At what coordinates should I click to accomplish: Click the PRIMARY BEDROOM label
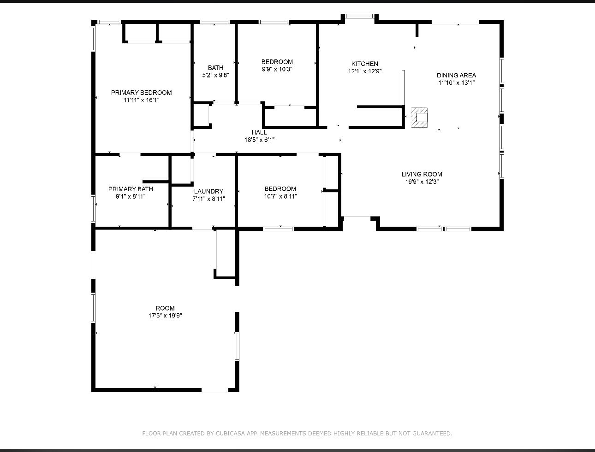[141, 93]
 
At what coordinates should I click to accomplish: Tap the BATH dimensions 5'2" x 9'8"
[215, 75]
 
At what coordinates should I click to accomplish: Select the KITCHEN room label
[364, 64]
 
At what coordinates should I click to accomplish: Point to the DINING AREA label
[456, 75]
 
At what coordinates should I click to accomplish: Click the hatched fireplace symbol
[419, 117]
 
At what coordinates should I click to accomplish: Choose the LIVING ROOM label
[422, 174]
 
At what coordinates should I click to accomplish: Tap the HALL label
[259, 132]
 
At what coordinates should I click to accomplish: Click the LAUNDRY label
[208, 191]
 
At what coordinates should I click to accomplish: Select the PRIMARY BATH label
[131, 189]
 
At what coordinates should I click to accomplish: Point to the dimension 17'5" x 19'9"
[165, 316]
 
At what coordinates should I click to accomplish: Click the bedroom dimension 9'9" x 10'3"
[277, 69]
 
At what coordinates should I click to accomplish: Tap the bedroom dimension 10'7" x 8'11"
[280, 196]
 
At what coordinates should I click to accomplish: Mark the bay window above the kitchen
[359, 17]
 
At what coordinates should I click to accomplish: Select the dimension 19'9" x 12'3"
[422, 182]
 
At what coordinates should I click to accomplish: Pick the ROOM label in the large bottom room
[165, 308]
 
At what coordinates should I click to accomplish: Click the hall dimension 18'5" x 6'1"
[259, 140]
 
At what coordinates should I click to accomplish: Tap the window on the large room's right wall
[237, 346]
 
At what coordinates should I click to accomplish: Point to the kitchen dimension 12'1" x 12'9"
[364, 71]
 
